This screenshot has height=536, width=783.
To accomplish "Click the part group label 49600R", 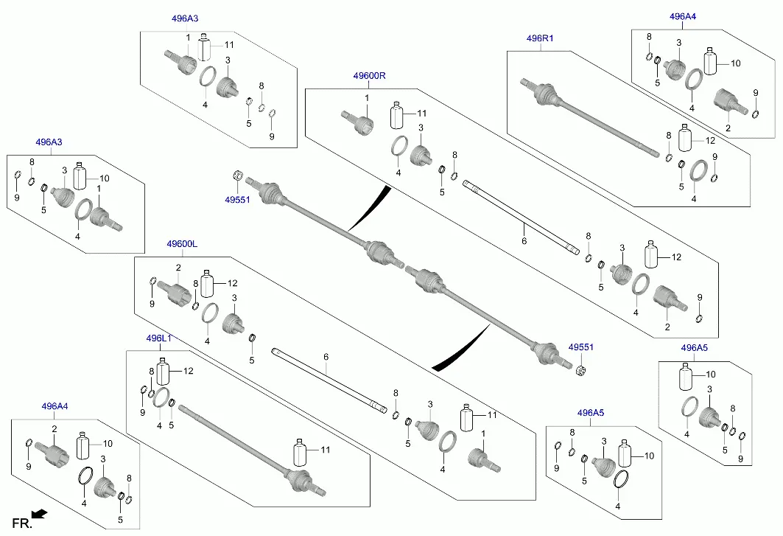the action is click(369, 76).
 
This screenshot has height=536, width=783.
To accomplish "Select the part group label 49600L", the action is click(182, 244).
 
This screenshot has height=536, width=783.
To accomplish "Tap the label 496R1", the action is click(540, 38).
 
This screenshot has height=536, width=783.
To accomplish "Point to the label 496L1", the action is click(159, 338).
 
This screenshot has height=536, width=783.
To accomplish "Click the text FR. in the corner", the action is click(22, 523).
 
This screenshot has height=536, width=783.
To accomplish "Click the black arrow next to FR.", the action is click(39, 513).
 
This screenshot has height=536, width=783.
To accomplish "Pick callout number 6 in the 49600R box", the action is click(524, 241).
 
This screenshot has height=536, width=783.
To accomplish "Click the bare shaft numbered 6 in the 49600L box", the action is click(329, 380).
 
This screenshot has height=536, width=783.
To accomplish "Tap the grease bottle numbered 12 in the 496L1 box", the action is click(164, 372).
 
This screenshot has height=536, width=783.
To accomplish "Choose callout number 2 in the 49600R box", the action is click(667, 327).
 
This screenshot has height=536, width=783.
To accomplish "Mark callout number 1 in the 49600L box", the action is click(483, 433).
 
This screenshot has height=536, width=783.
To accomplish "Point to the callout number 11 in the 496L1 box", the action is click(325, 450).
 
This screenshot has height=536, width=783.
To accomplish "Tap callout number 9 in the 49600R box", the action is click(700, 298).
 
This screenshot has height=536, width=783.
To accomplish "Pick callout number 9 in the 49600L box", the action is click(152, 304).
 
